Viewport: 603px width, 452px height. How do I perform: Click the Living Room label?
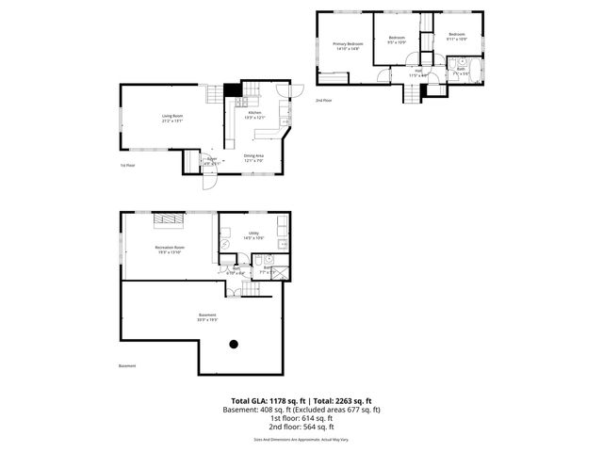click(171, 117)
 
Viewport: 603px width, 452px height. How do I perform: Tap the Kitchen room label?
click(254, 113)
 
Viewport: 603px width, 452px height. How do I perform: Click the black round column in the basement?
click(233, 344)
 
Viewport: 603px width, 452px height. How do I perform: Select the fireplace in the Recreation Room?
click(169, 220)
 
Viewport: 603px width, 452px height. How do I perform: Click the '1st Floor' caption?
click(127, 165)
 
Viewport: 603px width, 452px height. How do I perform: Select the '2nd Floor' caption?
click(323, 99)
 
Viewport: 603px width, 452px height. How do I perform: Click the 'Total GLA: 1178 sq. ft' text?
click(269, 401)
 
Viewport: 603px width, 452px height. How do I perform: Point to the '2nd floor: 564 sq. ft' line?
click(301, 426)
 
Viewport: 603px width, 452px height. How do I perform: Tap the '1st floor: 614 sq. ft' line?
click(301, 418)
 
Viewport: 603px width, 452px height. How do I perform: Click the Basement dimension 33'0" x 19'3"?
click(207, 320)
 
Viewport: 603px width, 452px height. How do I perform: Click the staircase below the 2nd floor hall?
click(412, 93)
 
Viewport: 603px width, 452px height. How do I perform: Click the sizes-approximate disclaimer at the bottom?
click(301, 439)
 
